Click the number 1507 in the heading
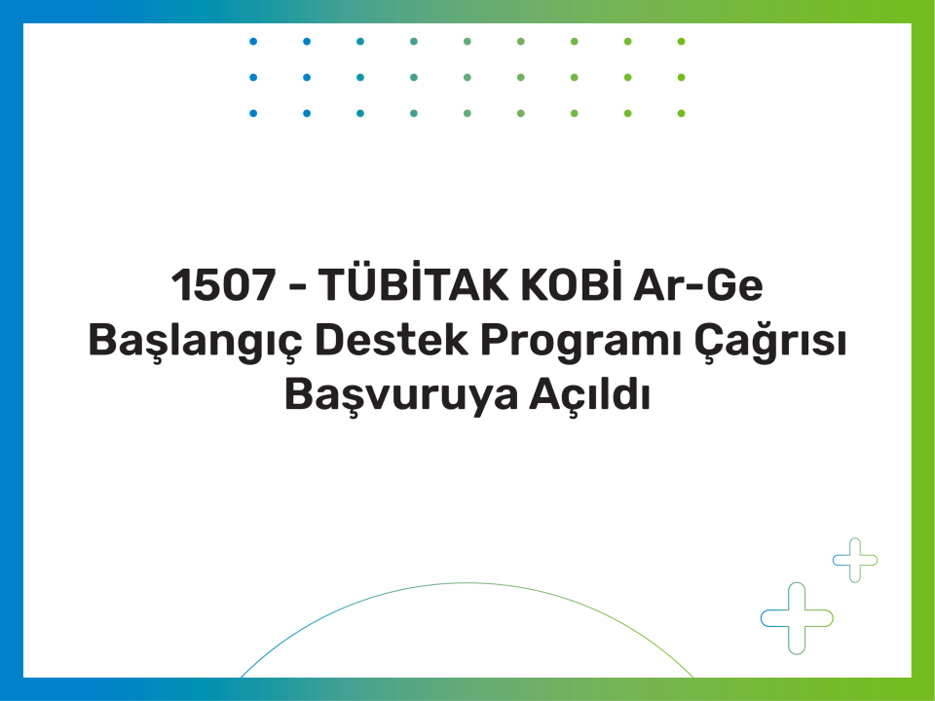coord(224,285)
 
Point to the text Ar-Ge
coord(697,284)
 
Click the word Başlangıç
coord(196,342)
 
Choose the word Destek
coord(392,340)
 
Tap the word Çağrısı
coord(769,340)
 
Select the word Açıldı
coord(589,395)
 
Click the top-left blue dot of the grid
coord(253,42)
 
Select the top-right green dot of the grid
coord(682,42)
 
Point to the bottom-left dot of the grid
coord(253,113)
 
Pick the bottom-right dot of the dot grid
coord(682,113)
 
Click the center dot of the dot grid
coord(467,78)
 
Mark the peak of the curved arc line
coord(467,583)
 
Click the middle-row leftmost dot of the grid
coord(253,78)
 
